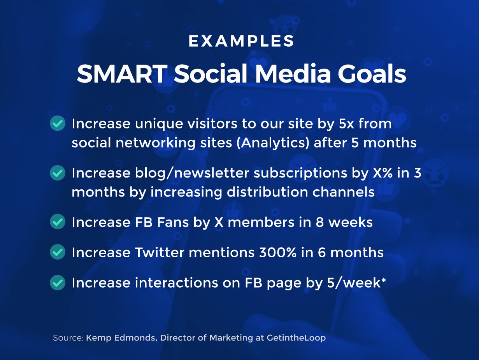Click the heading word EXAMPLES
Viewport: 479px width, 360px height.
point(241,41)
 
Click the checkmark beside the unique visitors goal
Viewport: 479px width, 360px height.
point(58,123)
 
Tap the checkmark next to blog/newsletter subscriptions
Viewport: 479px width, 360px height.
point(58,172)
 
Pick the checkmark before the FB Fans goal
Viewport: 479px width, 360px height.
point(58,222)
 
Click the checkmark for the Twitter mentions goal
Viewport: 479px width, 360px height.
point(58,252)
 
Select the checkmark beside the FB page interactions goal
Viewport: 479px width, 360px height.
point(58,282)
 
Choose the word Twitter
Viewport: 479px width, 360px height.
point(160,252)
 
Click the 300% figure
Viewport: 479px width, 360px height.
point(278,253)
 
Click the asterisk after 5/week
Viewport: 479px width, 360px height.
point(383,279)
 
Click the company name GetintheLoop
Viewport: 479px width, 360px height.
point(296,338)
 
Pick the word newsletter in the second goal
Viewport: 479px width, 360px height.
point(212,173)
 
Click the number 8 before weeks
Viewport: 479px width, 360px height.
point(319,222)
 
